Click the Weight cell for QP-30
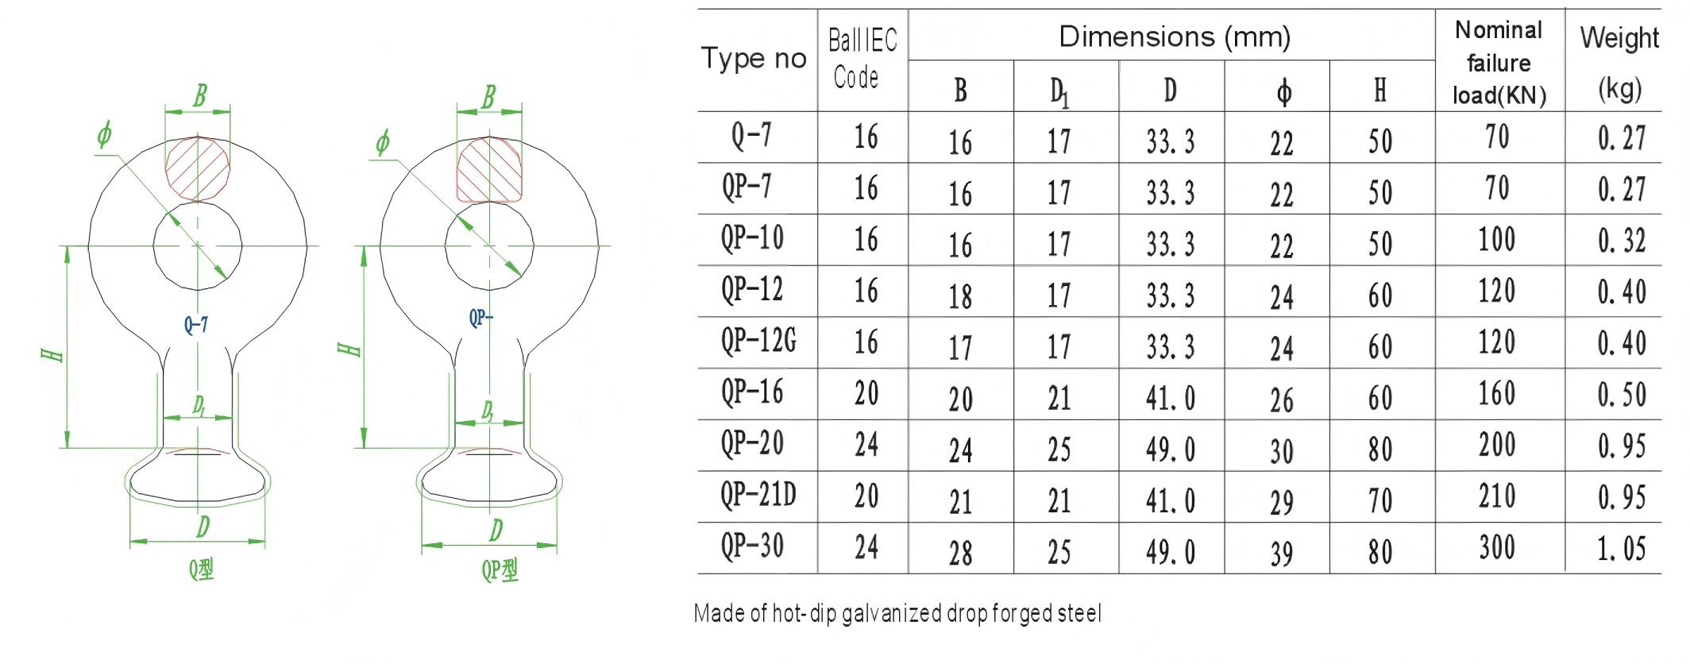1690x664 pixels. click(x=1621, y=549)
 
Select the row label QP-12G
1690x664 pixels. click(x=758, y=342)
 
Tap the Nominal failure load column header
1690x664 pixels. click(x=1499, y=63)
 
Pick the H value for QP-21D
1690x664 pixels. click(x=1380, y=500)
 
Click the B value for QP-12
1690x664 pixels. click(x=960, y=296)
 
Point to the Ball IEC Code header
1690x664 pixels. click(x=862, y=59)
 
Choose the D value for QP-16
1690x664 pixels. click(x=1170, y=398)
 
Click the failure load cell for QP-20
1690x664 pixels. click(x=1497, y=445)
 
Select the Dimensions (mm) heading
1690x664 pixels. click(x=1175, y=37)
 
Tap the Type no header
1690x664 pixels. click(x=754, y=58)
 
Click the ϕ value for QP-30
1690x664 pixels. click(x=1281, y=554)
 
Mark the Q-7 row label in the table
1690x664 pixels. click(x=751, y=135)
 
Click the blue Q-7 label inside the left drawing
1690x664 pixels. click(x=196, y=324)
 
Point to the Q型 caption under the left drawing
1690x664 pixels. click(x=202, y=569)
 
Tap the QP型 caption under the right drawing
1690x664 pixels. click(x=500, y=569)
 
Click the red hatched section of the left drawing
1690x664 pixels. click(x=198, y=168)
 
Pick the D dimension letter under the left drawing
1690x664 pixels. click(x=203, y=526)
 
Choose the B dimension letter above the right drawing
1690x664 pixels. click(x=488, y=97)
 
